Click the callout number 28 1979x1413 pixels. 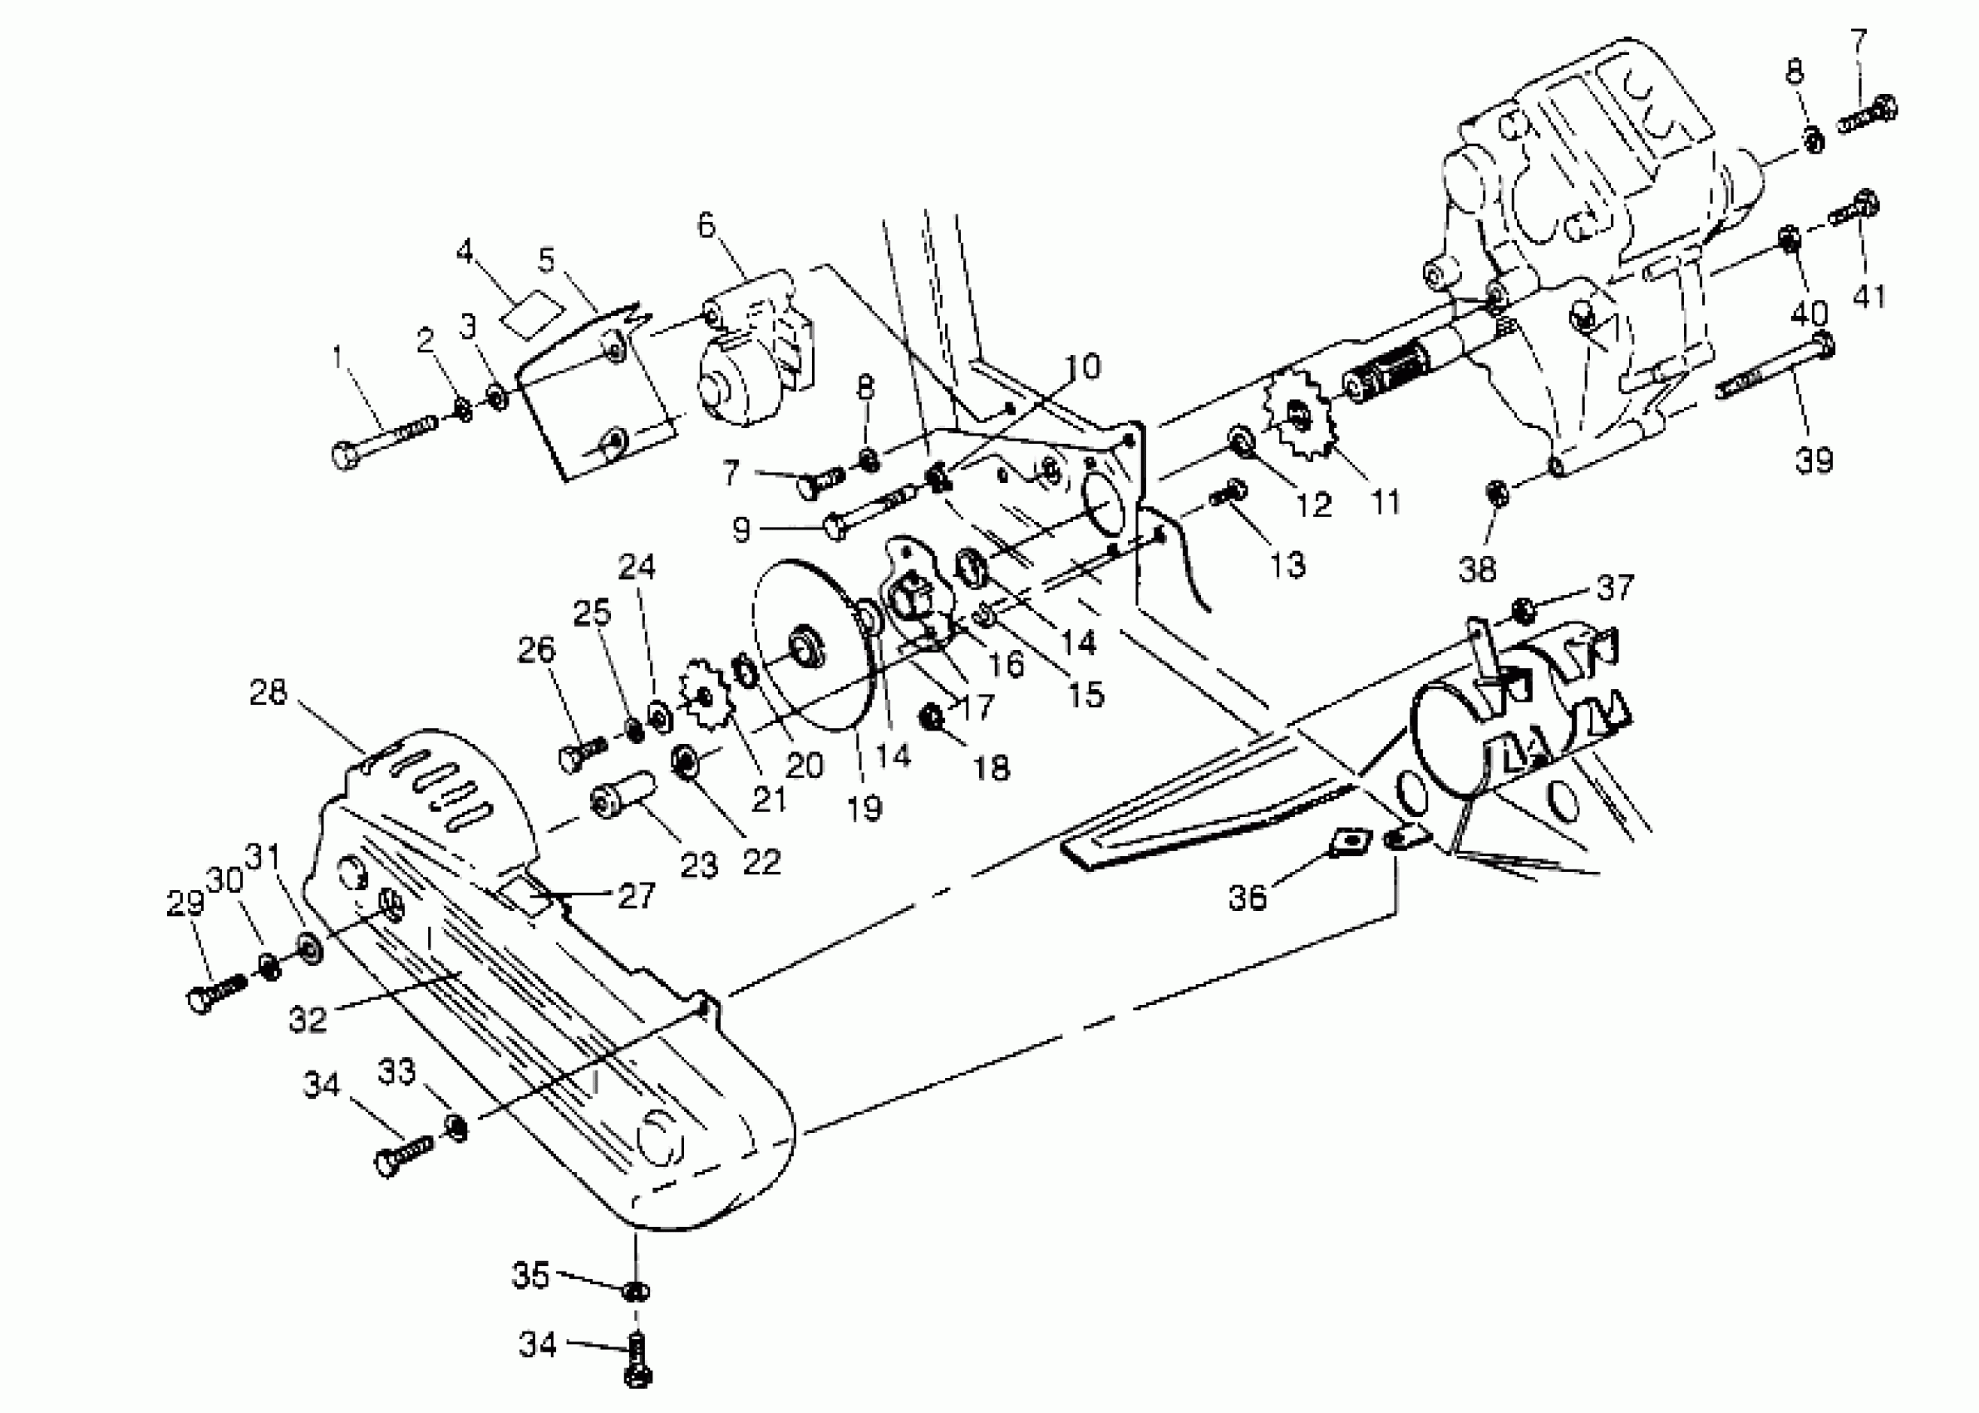pyautogui.click(x=268, y=692)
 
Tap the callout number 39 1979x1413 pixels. pyautogui.click(x=1814, y=459)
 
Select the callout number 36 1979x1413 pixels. pyautogui.click(x=1247, y=897)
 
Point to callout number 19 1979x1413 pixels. pyautogui.click(x=864, y=808)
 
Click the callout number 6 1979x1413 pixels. pyautogui.click(x=706, y=225)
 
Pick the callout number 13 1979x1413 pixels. pyautogui.click(x=1287, y=564)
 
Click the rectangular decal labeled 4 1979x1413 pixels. pyautogui.click(x=531, y=311)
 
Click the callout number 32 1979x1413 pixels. pyautogui.click(x=307, y=1019)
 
